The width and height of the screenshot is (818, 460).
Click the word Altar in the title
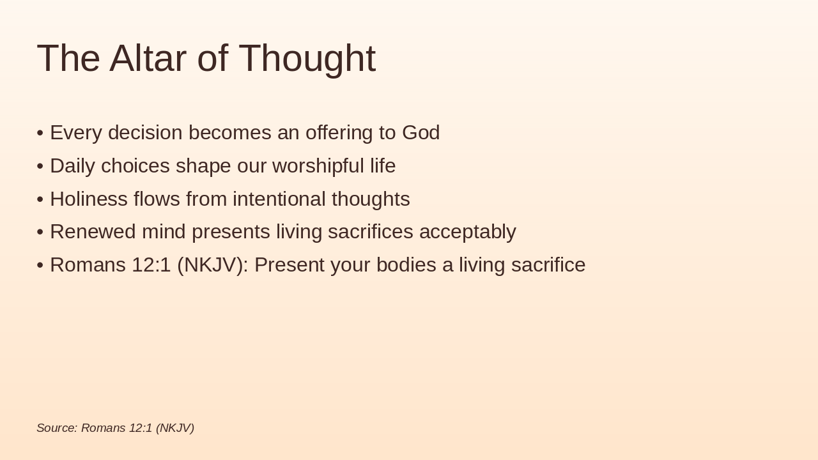pos(148,58)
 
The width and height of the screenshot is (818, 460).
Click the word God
pos(421,132)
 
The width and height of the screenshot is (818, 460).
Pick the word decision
pos(145,132)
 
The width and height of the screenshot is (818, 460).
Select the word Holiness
pos(89,199)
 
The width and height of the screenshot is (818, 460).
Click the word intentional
pos(279,199)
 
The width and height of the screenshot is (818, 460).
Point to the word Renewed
pos(93,232)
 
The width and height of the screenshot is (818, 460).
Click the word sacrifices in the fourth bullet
pos(370,232)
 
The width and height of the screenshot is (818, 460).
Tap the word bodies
pos(406,264)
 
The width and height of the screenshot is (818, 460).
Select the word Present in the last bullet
pos(289,264)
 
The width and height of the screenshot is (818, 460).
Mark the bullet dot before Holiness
pos(40,199)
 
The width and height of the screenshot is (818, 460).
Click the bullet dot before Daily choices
pos(40,166)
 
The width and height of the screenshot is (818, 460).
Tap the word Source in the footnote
pos(57,428)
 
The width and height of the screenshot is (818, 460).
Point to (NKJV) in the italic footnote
pos(175,428)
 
